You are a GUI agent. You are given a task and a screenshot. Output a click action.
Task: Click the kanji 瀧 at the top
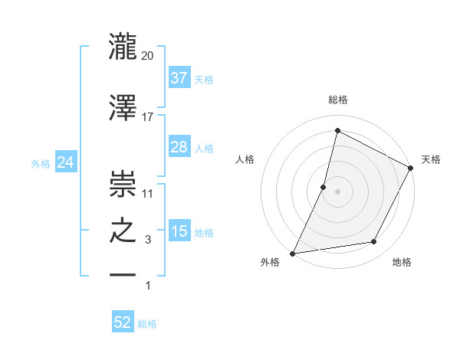point(123,45)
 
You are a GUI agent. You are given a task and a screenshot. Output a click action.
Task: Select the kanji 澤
point(123,108)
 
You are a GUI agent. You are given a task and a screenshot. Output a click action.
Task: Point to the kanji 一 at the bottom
point(123,273)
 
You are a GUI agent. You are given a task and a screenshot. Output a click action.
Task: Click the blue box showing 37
point(179,77)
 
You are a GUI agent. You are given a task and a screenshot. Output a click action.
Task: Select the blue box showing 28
point(179,147)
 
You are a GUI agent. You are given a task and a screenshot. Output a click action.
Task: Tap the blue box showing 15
point(179,231)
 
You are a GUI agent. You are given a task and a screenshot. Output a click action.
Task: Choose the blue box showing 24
point(66,162)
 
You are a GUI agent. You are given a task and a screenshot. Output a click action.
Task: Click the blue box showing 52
point(123,322)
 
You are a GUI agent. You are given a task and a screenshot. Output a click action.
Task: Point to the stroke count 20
point(148,56)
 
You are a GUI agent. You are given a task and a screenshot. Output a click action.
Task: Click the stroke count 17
point(148,117)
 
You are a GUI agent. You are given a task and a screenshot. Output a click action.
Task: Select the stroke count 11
point(148,193)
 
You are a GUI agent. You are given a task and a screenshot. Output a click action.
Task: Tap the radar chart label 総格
point(338,100)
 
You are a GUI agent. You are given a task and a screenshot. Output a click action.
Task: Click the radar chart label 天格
point(431,159)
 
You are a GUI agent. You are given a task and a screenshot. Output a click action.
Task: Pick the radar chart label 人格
point(245,159)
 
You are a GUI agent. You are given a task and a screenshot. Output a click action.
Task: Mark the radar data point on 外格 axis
point(292,254)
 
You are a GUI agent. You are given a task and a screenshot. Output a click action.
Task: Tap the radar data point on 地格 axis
point(374,242)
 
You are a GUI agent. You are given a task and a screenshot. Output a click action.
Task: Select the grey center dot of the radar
point(337,191)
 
